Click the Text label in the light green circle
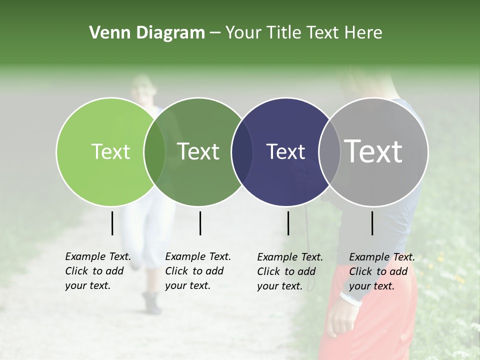click(x=110, y=151)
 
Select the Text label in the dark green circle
click(x=198, y=151)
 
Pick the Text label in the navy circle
click(x=286, y=151)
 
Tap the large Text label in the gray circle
click(x=373, y=151)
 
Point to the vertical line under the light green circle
click(x=112, y=223)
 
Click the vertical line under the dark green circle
click(x=200, y=223)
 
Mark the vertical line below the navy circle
click(x=288, y=223)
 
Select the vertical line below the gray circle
click(x=372, y=223)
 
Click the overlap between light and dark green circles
click(x=154, y=151)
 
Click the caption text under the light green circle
click(x=97, y=271)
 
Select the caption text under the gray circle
click(x=381, y=271)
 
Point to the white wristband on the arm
click(x=350, y=298)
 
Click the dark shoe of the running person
click(x=151, y=302)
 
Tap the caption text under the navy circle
click(x=289, y=271)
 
